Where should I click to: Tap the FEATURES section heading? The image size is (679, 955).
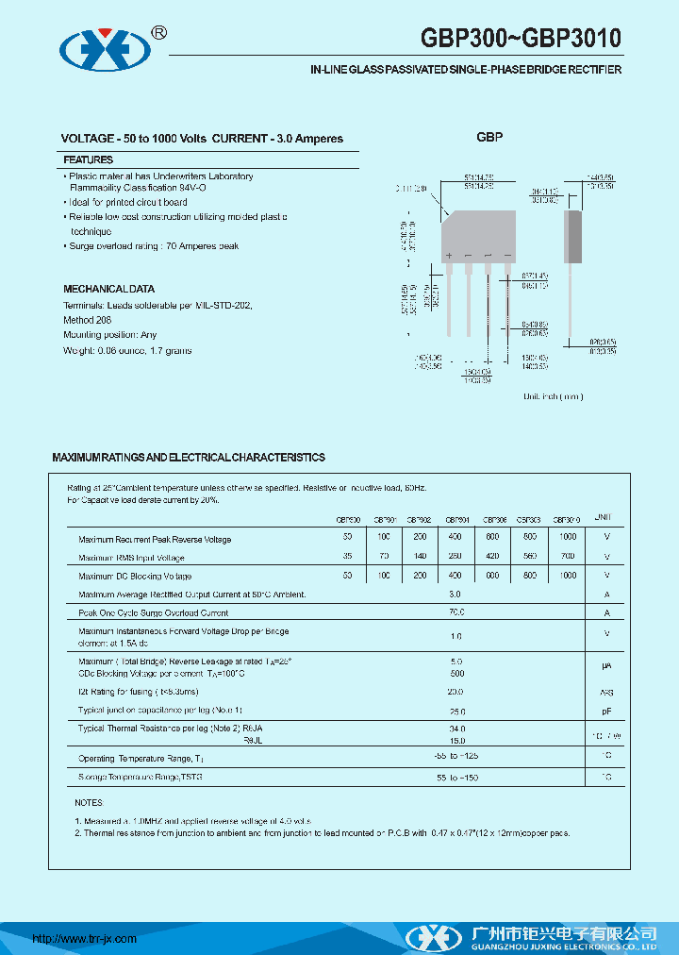click(88, 159)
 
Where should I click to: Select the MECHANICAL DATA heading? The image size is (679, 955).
click(108, 289)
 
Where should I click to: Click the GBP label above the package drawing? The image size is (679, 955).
click(489, 138)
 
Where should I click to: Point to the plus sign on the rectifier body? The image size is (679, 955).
click(450, 257)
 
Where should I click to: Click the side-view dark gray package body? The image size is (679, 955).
click(571, 236)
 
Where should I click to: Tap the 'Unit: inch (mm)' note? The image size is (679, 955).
click(554, 396)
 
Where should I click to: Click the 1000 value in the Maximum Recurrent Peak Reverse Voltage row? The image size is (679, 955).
click(567, 537)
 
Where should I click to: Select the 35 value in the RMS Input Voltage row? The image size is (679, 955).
click(348, 557)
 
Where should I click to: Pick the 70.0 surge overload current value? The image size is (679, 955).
click(455, 612)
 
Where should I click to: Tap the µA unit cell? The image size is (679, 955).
click(606, 666)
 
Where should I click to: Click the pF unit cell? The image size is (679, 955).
click(606, 711)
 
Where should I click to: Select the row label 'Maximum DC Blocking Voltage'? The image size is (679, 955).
click(135, 576)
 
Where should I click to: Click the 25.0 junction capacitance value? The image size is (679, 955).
click(456, 711)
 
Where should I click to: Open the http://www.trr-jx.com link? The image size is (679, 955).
click(85, 939)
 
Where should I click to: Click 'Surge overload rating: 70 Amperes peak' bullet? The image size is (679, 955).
click(154, 246)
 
